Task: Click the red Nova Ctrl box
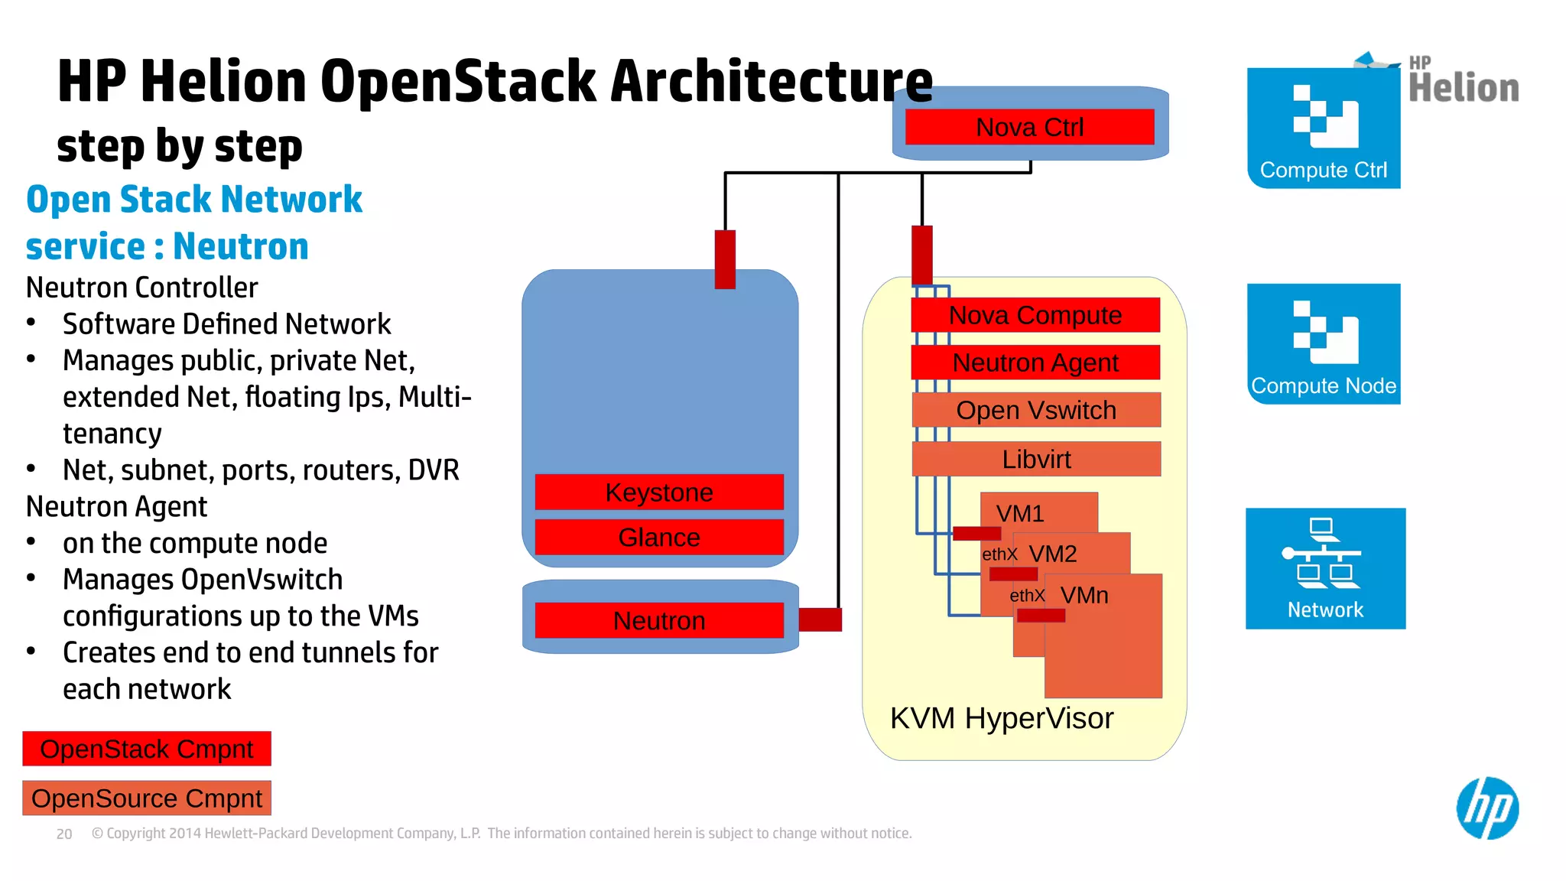[x=1029, y=127]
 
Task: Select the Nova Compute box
[x=1035, y=315]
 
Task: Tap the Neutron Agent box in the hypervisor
[x=1035, y=362]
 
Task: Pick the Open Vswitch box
[x=1036, y=410]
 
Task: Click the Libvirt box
[x=1036, y=459]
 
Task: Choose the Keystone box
[x=659, y=492]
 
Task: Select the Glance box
[x=659, y=537]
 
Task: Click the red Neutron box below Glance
[x=659, y=620]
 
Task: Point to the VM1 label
[x=1020, y=513]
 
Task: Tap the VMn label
[x=1084, y=595]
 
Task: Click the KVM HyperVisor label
[x=1002, y=718]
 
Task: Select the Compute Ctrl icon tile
[x=1323, y=128]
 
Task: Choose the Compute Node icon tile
[x=1323, y=343]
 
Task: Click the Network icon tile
[x=1325, y=568]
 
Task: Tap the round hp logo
[x=1487, y=808]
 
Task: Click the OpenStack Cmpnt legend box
[x=147, y=749]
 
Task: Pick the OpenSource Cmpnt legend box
[x=147, y=798]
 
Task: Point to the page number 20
[x=64, y=834]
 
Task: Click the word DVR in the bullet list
[x=434, y=470]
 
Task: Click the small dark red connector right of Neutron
[x=820, y=619]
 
